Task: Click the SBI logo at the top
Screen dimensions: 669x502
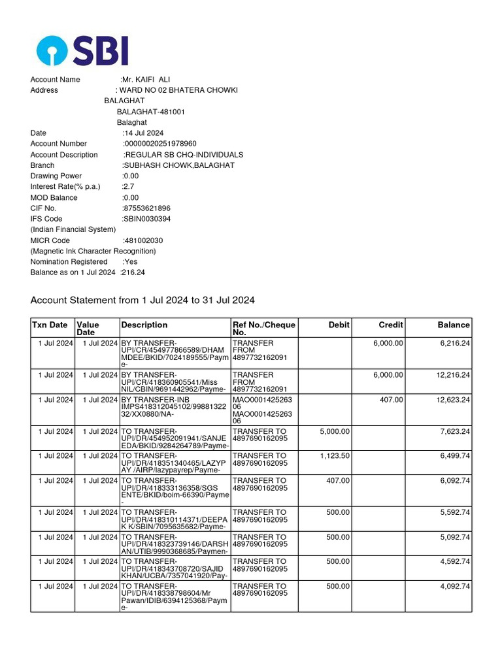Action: coord(82,50)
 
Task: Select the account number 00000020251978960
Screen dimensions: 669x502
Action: coord(160,144)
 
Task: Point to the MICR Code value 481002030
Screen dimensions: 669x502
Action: coord(143,240)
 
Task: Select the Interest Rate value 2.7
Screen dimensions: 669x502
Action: coord(128,187)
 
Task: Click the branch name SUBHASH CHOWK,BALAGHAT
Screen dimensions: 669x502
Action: coord(178,165)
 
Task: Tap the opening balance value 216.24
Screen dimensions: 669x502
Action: coord(133,272)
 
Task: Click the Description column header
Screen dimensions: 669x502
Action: coord(144,325)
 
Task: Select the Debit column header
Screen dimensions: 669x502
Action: coord(339,325)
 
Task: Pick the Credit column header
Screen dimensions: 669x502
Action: coord(391,325)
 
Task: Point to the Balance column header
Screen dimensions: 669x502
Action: coord(454,325)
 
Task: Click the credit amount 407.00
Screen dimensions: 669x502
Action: coord(392,399)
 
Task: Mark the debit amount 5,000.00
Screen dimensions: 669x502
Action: coord(335,431)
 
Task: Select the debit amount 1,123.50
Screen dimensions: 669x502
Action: coord(335,455)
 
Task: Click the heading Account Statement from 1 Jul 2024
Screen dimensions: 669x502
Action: coord(142,301)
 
